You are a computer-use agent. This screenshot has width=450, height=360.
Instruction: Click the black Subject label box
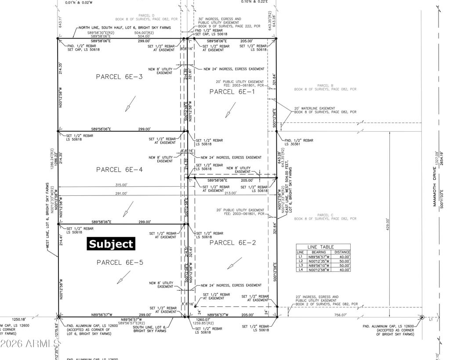[111, 244]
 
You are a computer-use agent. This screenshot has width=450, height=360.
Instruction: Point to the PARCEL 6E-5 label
[119, 262]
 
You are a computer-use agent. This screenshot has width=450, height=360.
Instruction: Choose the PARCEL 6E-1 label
[231, 91]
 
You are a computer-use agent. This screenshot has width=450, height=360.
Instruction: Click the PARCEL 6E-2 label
[232, 242]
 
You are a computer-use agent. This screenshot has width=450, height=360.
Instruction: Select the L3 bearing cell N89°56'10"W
[319, 265]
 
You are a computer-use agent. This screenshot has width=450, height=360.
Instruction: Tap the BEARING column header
[319, 252]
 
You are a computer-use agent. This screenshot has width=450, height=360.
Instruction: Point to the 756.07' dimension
[340, 315]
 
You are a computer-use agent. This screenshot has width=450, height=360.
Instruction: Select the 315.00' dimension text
[121, 185]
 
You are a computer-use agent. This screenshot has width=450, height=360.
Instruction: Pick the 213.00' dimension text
[230, 193]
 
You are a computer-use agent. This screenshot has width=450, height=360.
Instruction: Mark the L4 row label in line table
[301, 270]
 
